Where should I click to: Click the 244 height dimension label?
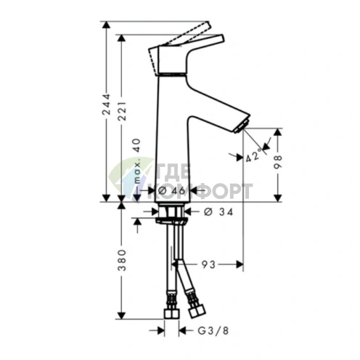(x=106, y=110)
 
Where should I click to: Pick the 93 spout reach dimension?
(x=208, y=264)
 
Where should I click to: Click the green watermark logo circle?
(x=128, y=178)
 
